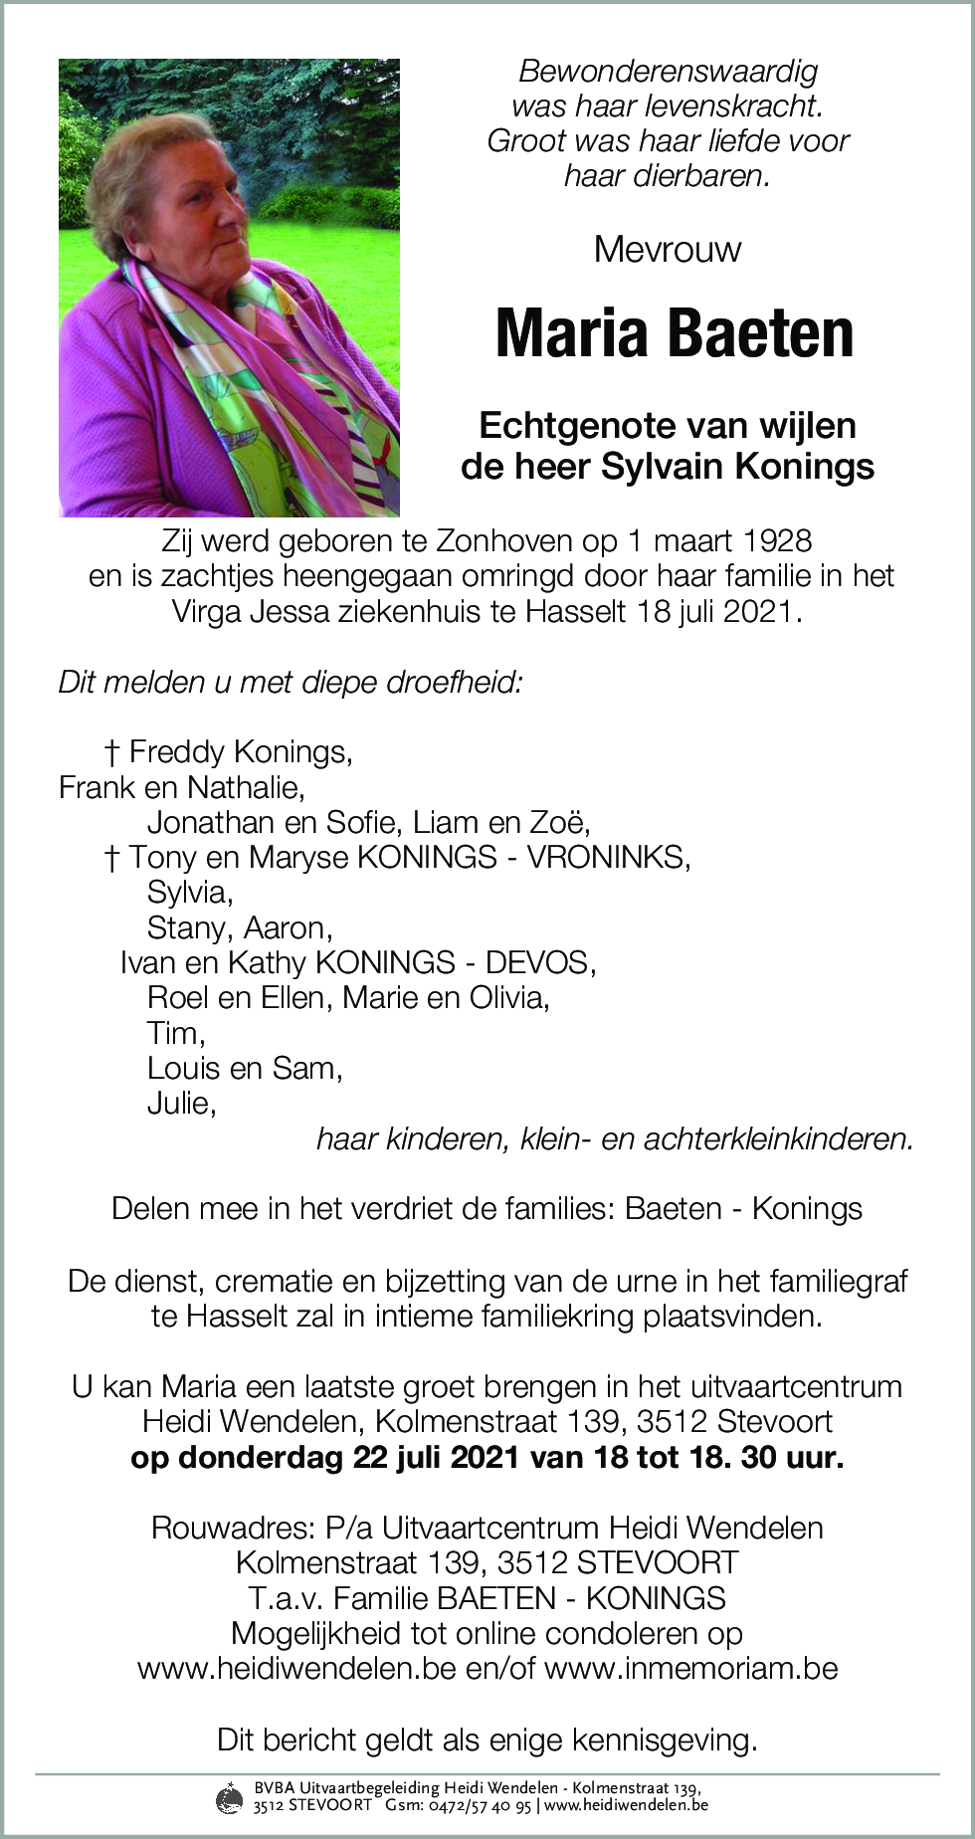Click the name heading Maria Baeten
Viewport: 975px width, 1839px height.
674,333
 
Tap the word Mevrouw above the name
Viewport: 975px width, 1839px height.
667,249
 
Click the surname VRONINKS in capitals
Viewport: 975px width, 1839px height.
607,857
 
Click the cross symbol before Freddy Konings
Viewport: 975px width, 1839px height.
112,752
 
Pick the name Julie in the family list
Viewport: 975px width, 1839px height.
181,1103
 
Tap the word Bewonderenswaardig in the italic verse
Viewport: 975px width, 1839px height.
668,72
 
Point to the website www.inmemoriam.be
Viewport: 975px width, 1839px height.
691,1668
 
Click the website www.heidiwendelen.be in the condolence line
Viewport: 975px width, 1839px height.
296,1668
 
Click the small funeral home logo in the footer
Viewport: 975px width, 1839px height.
229,1797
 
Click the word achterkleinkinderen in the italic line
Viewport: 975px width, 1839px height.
778,1138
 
